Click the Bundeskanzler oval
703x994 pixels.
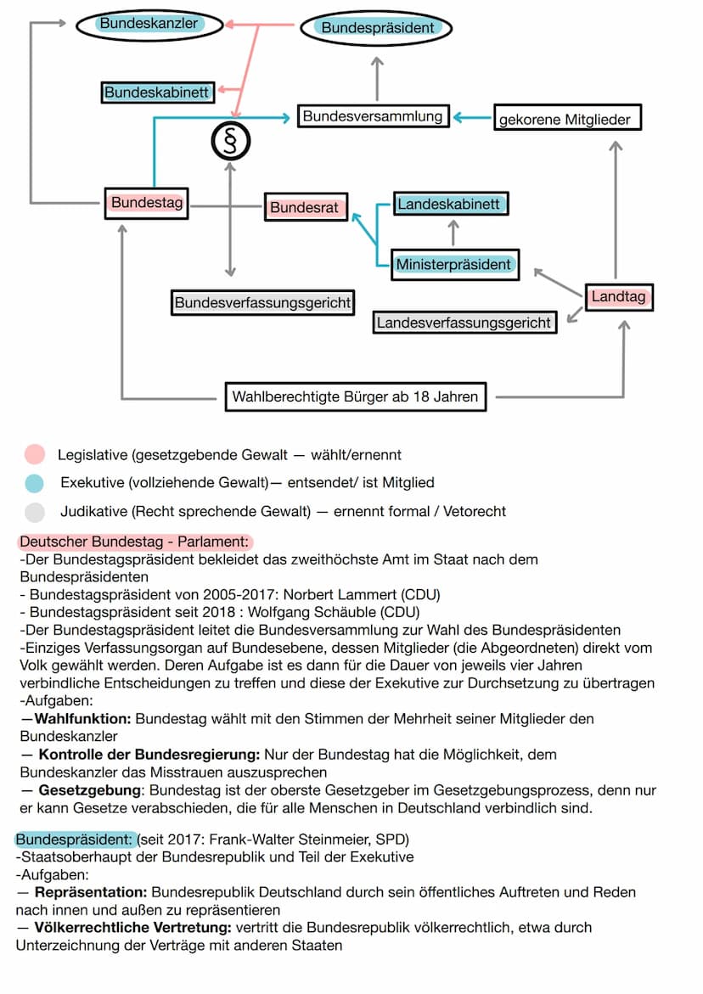pos(149,25)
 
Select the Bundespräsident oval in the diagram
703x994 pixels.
pos(377,28)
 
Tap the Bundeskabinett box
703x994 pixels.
pos(157,92)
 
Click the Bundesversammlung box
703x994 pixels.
pos(373,116)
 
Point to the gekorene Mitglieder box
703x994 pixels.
pos(567,118)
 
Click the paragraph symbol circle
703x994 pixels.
pos(230,139)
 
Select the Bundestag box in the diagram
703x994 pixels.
pos(146,204)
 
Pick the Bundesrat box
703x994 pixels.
pos(305,207)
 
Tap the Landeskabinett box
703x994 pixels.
pos(453,205)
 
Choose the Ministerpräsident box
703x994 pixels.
pos(454,264)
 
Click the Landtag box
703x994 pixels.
pos(619,297)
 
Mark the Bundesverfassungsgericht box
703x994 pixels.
pos(262,301)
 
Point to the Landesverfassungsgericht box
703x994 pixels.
pos(464,323)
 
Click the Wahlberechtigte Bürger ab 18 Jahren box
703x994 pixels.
pos(355,396)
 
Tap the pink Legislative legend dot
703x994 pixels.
pos(34,455)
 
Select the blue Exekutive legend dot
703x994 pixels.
pos(34,483)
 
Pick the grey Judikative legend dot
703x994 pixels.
pos(34,511)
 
